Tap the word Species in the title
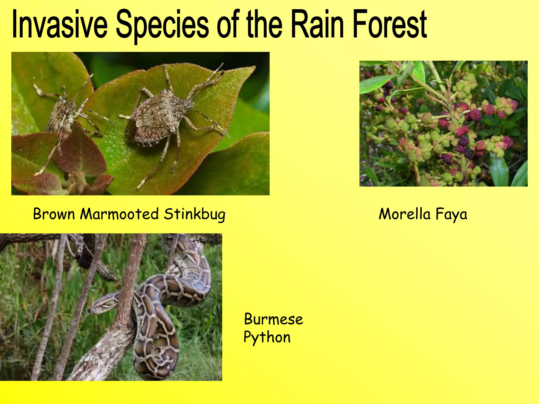coord(162,25)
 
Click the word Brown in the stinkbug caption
coord(54,214)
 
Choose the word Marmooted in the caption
coord(119,214)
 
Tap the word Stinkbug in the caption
coord(195,214)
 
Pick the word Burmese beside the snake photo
coord(273,319)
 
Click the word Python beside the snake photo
coord(267,337)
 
